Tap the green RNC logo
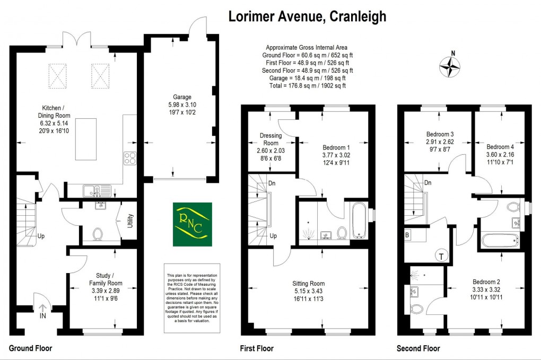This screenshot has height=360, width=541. pos(192,224)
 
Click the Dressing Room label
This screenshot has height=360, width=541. pos(270,139)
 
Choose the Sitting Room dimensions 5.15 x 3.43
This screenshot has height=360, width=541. pos(310,291)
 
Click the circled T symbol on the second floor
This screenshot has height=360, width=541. pos(440,256)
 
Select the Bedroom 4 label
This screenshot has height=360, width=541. pos(500,147)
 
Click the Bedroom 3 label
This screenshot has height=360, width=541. pos(440,135)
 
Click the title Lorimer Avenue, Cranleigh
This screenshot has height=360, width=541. pos(307,16)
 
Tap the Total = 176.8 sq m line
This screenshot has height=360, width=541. pos(306,85)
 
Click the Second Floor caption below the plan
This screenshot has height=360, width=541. pos(418,349)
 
